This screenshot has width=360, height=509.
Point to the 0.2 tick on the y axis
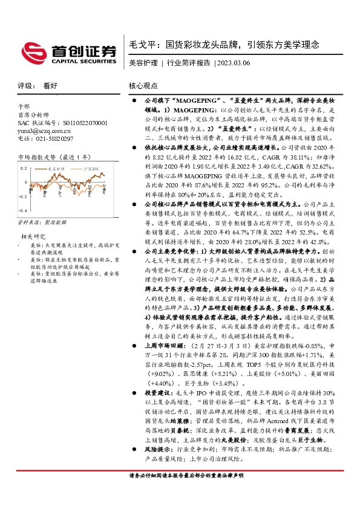[x=23, y=169]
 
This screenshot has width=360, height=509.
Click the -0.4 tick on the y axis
[x=23, y=210]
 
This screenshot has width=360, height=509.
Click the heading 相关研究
[x=34, y=236]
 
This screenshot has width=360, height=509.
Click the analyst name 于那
[x=23, y=106]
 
